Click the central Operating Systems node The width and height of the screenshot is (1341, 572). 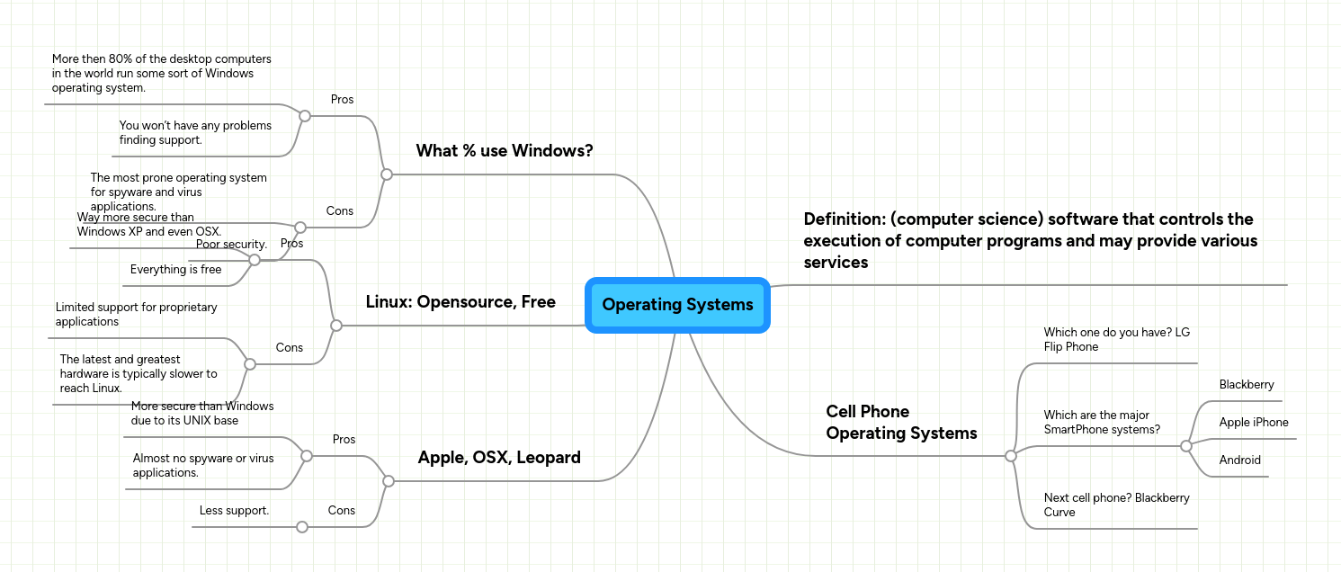pos(677,305)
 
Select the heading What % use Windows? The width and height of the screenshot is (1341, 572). pos(504,150)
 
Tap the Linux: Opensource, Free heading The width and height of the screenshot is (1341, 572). pos(460,301)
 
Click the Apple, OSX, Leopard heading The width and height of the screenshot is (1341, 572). pos(499,457)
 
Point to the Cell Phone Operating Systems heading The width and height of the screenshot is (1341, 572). pos(900,422)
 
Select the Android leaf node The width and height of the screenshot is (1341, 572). pos(1239,460)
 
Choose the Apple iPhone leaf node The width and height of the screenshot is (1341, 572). pos(1253,422)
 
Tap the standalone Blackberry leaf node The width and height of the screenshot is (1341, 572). pos(1246,384)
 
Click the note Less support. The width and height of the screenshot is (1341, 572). pos(234,510)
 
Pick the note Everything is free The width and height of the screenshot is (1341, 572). pos(175,269)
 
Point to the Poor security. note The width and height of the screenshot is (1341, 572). pos(231,244)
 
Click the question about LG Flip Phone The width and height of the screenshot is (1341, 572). pos(1116,339)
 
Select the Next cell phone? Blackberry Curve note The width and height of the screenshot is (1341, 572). pos(1116,505)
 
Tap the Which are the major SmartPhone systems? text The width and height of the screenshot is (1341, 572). pos(1102,422)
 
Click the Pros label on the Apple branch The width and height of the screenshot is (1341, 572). pos(344,439)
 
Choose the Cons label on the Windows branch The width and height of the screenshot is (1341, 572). pos(339,210)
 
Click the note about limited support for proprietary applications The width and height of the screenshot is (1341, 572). pos(136,314)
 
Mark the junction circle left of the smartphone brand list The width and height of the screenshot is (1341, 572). pos(1185,446)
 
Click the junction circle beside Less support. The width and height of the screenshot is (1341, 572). pos(302,527)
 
